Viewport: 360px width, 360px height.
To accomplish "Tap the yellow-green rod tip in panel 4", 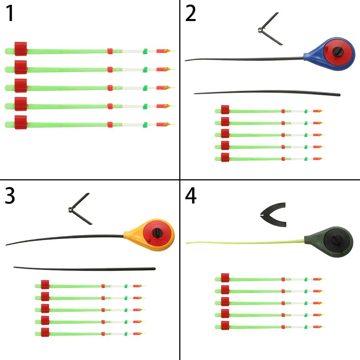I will tap(245, 242).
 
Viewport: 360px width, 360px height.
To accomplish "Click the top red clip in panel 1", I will tap(21, 49).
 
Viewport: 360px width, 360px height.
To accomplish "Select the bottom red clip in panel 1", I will tap(21, 122).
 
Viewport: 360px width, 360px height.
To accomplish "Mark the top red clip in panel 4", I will tap(225, 278).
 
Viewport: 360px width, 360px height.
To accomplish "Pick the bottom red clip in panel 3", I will tap(45, 332).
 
